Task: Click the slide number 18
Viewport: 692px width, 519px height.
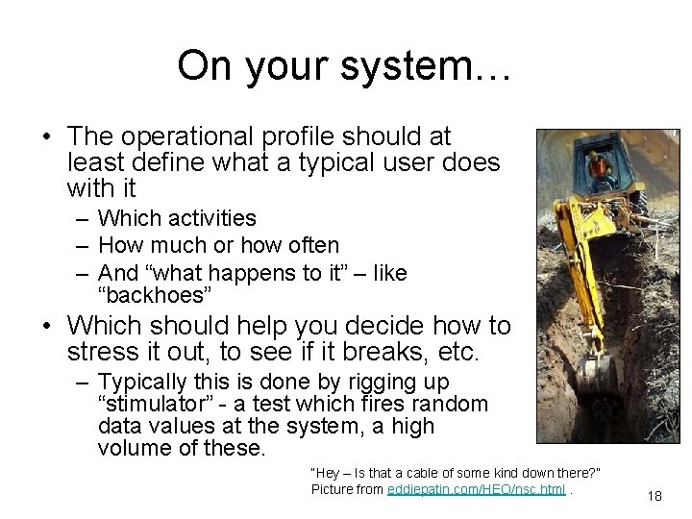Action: [655, 496]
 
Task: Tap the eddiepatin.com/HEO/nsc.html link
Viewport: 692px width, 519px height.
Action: [476, 490]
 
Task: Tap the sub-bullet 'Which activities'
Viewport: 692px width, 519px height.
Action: [177, 219]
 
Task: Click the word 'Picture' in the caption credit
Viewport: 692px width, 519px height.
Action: [333, 490]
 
